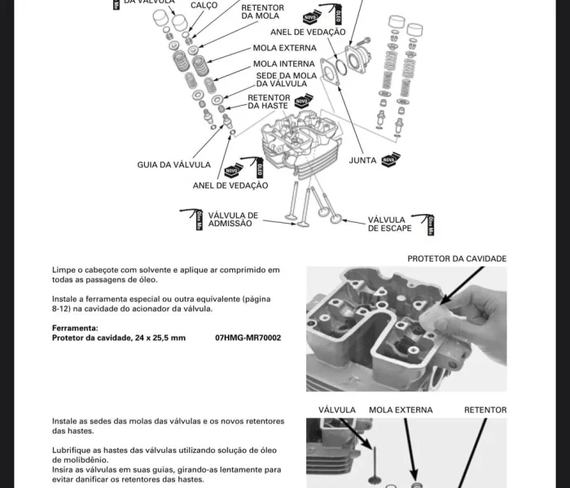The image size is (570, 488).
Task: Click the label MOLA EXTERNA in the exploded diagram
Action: (x=284, y=48)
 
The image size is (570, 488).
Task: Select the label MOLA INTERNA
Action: (x=283, y=63)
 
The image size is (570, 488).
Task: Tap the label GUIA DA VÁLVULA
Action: (x=173, y=165)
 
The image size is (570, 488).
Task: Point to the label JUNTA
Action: (x=362, y=160)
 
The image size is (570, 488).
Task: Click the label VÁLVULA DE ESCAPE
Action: (x=386, y=224)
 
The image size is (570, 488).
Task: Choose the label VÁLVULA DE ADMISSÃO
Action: (x=233, y=219)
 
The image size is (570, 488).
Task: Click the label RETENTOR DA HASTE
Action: (x=269, y=102)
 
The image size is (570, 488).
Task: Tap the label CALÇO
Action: (x=204, y=5)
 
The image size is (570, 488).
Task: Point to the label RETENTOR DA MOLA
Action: (x=262, y=11)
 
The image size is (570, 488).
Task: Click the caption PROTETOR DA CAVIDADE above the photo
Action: (x=457, y=259)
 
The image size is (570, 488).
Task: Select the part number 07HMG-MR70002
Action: (x=248, y=338)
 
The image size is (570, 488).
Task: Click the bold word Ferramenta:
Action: (x=74, y=328)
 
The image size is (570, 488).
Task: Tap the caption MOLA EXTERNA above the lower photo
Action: (x=401, y=410)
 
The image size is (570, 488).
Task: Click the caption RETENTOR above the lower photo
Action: (x=485, y=410)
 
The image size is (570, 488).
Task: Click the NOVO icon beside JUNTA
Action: (x=391, y=158)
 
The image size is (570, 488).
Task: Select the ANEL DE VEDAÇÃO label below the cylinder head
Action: (x=230, y=185)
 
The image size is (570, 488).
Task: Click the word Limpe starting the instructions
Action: (x=63, y=269)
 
